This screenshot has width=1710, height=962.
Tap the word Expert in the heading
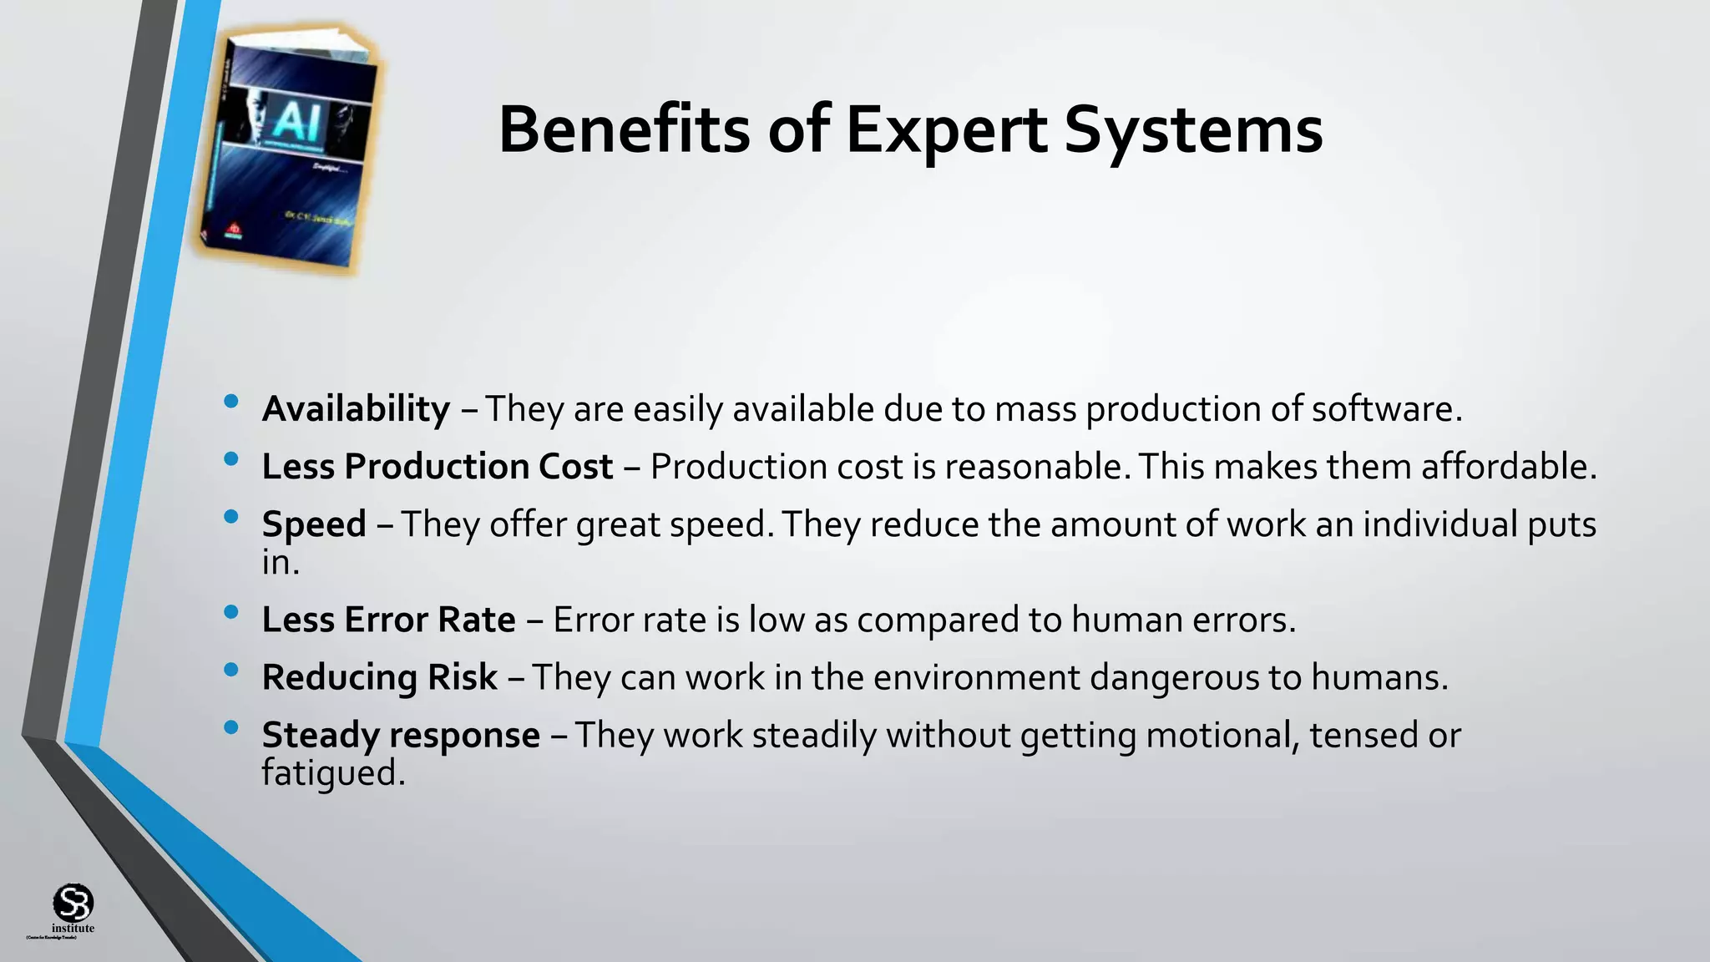[946, 131]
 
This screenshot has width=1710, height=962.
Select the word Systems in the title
[1193, 131]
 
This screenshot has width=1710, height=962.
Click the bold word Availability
[356, 409]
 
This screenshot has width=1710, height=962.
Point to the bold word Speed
[314, 524]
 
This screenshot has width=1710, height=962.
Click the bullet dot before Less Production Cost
[231, 459]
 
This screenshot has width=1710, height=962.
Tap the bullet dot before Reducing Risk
[231, 670]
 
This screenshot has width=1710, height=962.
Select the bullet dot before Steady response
[231, 728]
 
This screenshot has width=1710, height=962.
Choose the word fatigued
[331, 773]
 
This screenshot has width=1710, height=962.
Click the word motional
[1222, 735]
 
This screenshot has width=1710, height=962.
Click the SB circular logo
[73, 904]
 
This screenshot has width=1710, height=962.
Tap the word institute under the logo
[73, 929]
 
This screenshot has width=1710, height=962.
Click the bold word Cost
[575, 466]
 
